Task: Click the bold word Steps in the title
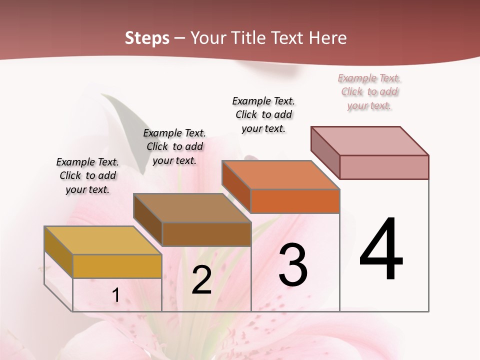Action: (x=147, y=38)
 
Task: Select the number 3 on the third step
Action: (x=293, y=265)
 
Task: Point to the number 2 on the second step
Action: (x=201, y=280)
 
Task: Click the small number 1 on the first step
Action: (x=115, y=295)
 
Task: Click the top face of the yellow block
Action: (x=103, y=240)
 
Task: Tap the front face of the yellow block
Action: (x=117, y=266)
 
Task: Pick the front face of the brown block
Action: (x=206, y=234)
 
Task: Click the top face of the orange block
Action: (x=281, y=175)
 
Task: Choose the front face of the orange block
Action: (x=295, y=201)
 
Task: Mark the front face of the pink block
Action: (x=384, y=167)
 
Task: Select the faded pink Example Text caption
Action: (x=369, y=91)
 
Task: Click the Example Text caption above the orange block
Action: (x=263, y=114)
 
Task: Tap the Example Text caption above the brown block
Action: (x=174, y=146)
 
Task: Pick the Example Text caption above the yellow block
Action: (x=87, y=175)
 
